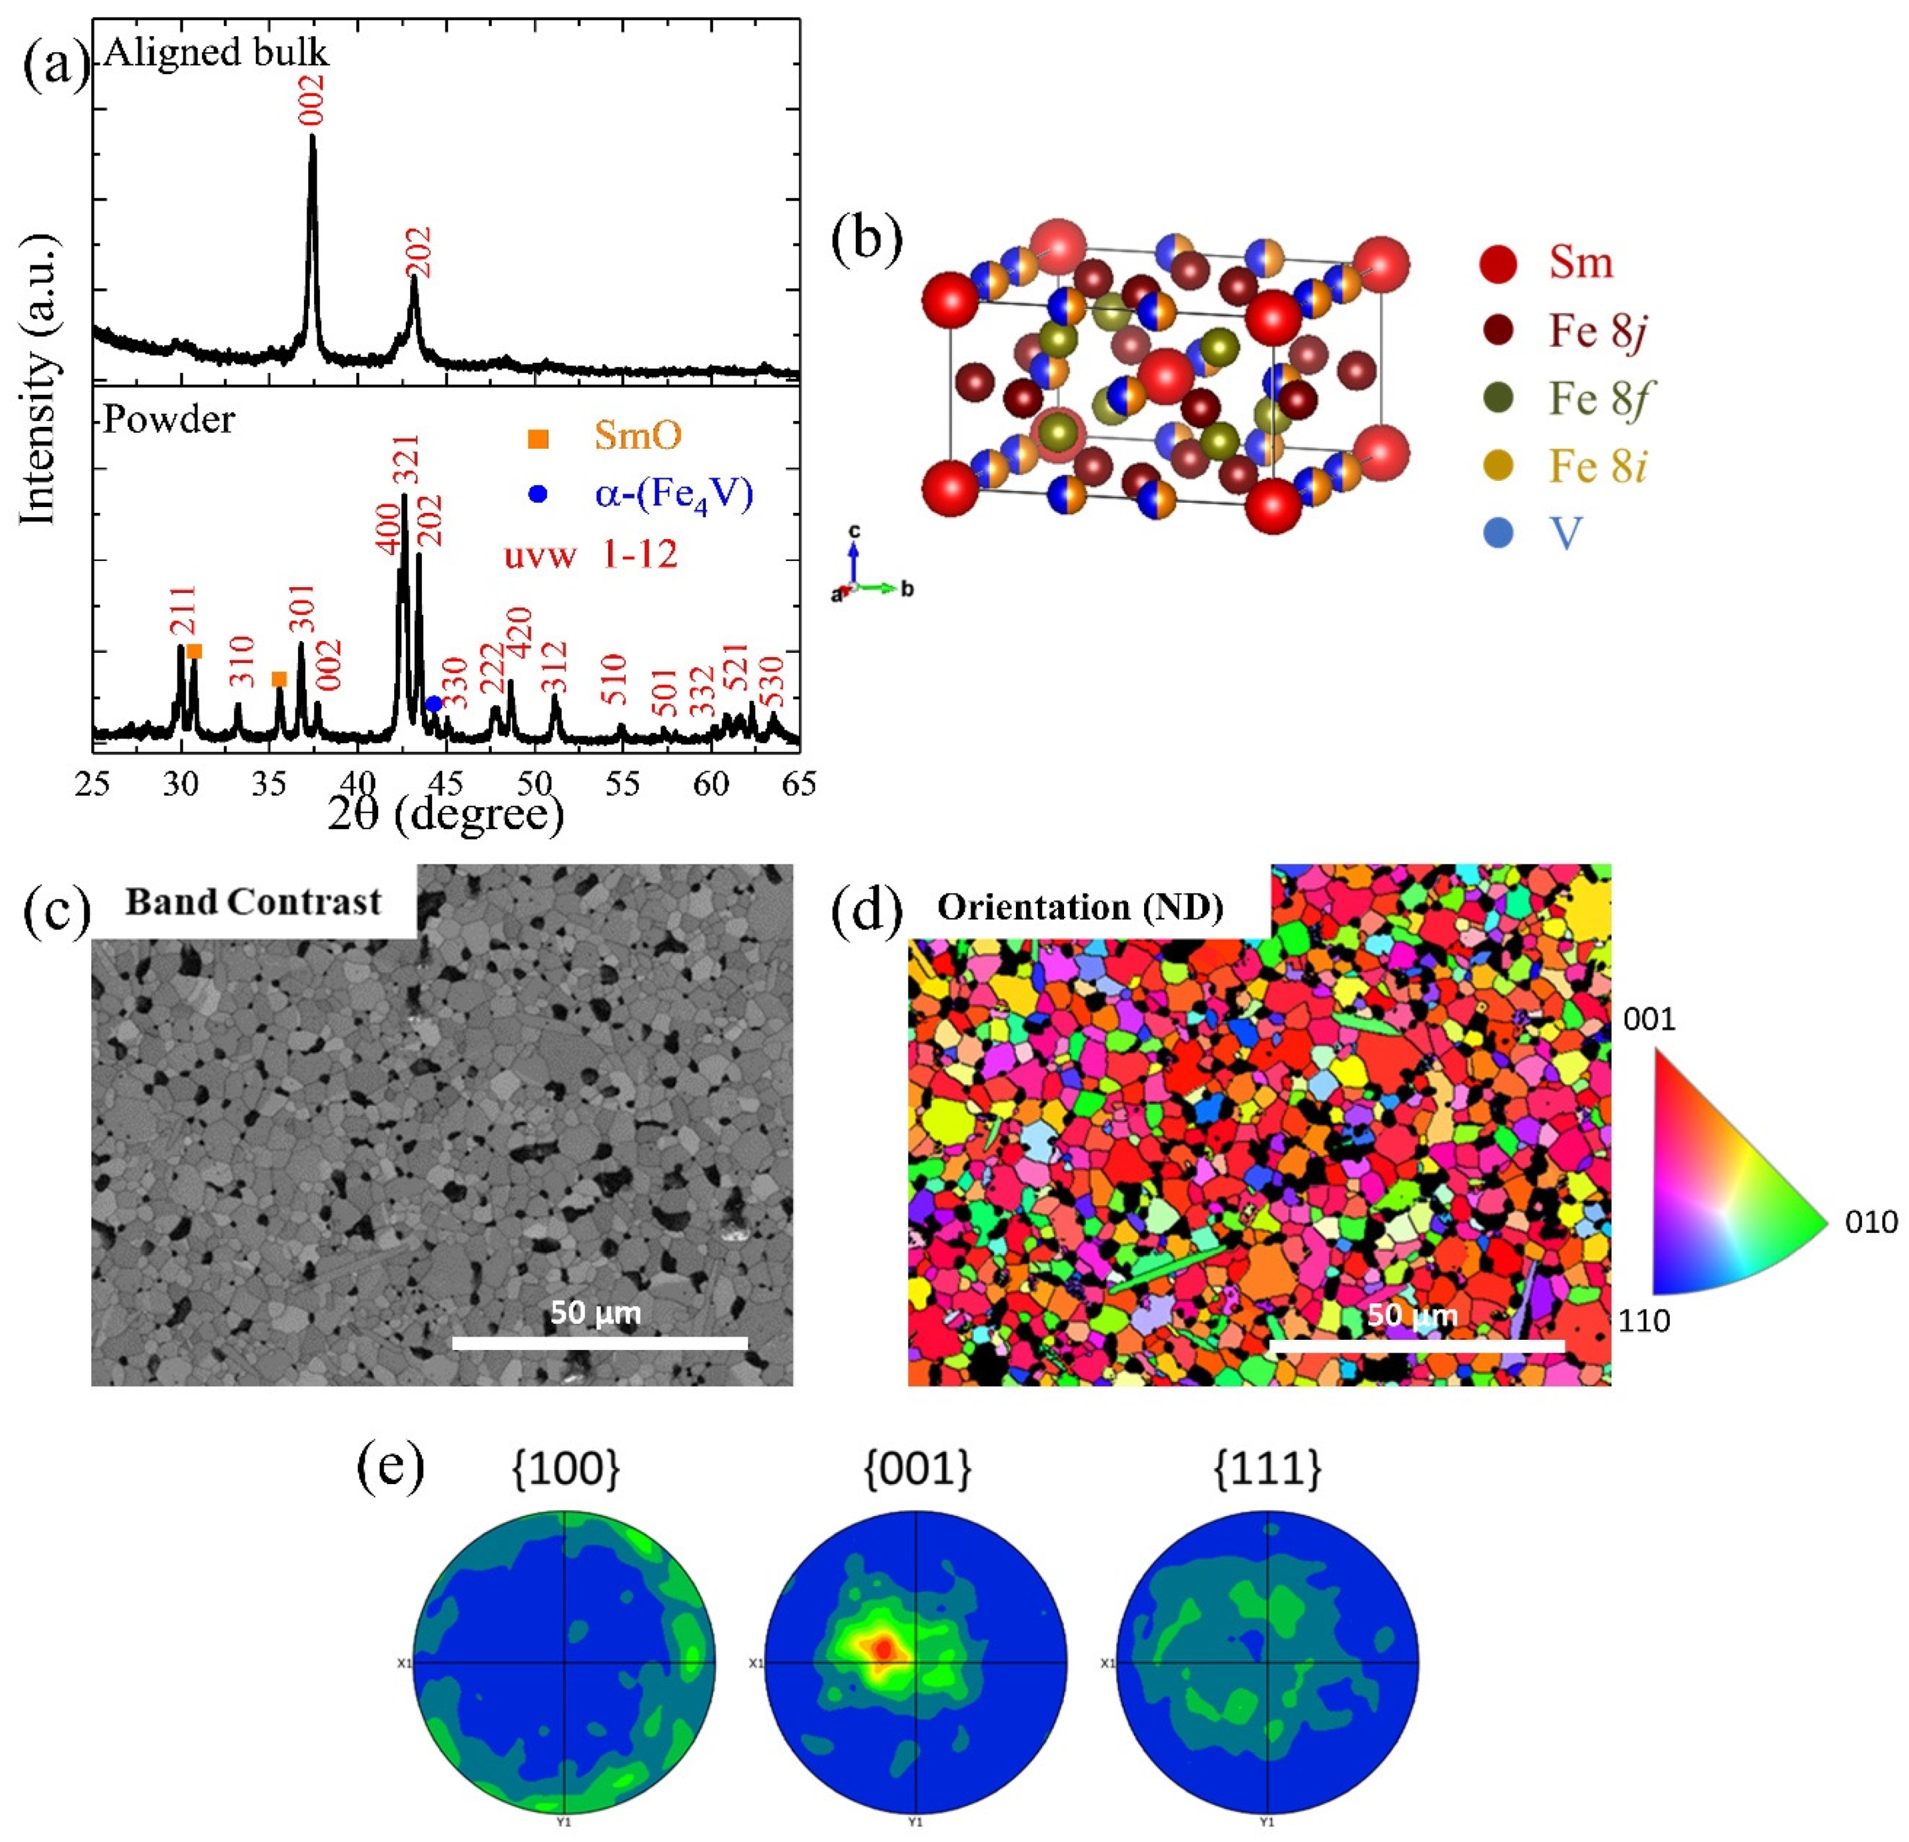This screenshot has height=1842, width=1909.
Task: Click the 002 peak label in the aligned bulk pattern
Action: point(312,100)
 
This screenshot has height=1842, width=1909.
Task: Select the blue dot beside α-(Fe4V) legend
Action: point(538,495)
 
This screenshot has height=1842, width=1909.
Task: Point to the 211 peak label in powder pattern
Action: point(183,611)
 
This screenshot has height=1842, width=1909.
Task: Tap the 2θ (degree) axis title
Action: point(445,814)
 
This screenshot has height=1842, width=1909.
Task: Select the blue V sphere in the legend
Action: point(1498,533)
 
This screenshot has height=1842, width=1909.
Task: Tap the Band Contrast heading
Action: point(253,902)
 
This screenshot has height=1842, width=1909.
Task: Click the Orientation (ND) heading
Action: point(1080,908)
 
